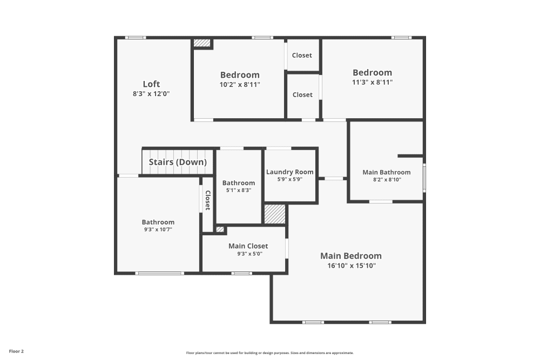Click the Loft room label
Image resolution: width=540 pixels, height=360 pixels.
[151, 84]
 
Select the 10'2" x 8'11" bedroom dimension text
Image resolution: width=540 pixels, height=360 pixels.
[240, 84]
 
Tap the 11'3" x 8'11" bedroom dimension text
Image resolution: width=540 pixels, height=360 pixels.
[372, 83]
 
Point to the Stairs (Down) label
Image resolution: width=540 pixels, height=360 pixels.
[178, 162]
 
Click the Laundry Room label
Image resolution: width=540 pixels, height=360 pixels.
[289, 172]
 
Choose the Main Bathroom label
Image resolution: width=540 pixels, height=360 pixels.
[386, 172]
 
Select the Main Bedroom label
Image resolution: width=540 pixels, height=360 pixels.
[350, 256]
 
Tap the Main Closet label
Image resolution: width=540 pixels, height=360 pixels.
[248, 246]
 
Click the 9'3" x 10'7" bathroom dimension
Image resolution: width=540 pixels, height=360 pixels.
[158, 229]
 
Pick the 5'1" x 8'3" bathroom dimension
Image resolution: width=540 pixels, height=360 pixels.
[238, 190]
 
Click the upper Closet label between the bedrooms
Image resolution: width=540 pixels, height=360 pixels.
[302, 55]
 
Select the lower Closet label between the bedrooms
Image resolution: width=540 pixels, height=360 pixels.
[302, 94]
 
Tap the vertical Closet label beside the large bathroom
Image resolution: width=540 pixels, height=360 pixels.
[207, 200]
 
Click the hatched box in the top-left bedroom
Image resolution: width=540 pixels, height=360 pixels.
[202, 43]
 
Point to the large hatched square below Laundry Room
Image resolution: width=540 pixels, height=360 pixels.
[274, 214]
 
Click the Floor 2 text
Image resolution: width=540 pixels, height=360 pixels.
[16, 351]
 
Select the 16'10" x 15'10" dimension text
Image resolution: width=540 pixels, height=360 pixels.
[350, 266]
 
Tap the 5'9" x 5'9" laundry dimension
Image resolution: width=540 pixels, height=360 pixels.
[289, 179]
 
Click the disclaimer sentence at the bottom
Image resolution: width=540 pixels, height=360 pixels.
[270, 352]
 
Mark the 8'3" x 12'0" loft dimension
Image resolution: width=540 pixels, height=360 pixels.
[151, 93]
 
